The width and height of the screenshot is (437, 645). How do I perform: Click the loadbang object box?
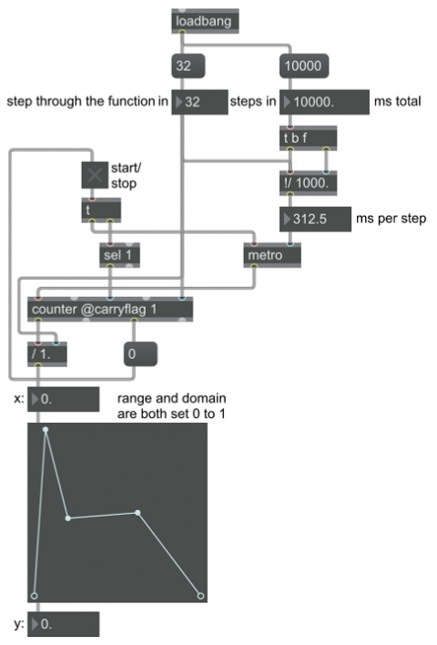point(205,21)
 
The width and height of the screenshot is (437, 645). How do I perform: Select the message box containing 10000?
point(304,66)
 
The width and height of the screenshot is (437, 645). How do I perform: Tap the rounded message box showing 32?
point(188,66)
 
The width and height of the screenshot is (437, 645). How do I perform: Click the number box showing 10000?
point(324,102)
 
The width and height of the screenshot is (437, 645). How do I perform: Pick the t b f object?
point(308,138)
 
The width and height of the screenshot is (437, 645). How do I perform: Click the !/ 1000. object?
point(308,183)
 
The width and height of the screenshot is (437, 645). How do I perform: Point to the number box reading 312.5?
point(315,220)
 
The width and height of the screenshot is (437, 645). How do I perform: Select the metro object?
point(272,255)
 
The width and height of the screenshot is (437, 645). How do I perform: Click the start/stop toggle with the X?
point(95,175)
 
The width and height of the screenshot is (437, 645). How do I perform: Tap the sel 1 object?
point(119,255)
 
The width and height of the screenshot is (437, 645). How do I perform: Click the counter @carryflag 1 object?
point(110,310)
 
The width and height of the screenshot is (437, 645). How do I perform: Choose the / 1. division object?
point(47,354)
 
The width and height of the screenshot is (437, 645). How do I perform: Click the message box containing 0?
point(140,354)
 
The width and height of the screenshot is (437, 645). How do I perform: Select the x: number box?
point(64,399)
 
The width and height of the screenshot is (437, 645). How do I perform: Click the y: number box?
point(64,624)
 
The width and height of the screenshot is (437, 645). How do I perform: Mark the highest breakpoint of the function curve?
point(46,429)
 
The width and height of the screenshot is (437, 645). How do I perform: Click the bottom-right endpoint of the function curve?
point(200,596)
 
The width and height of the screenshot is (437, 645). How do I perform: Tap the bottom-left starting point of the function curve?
point(34,596)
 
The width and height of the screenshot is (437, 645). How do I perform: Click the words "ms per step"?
point(391,219)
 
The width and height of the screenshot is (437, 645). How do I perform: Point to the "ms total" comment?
point(398,102)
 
